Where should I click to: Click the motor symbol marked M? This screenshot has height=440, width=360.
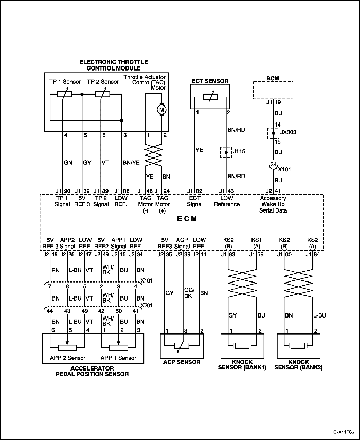coord(161,110)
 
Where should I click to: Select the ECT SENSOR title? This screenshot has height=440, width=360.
coord(210,81)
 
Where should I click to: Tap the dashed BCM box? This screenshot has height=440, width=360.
coord(273,90)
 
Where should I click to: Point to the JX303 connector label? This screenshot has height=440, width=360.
coord(288,132)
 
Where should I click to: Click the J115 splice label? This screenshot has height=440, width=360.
coord(239,151)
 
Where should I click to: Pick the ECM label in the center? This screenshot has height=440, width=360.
coord(187,219)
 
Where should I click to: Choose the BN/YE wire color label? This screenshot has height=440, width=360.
coord(131,163)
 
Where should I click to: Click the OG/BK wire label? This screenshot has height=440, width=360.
coord(189,293)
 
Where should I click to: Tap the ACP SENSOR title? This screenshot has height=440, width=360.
coord(182,362)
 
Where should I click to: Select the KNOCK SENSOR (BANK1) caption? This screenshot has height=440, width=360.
coord(242,365)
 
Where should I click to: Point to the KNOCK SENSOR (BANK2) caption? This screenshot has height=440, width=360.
coord(298,365)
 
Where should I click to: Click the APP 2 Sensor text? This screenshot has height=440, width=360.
coord(67,358)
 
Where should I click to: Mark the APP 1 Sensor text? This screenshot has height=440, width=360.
coord(118,358)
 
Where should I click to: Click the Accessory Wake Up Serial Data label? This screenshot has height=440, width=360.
coord(273,204)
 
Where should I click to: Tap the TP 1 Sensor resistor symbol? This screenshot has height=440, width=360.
coord(64,94)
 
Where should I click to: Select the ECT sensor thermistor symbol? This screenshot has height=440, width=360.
coord(210,97)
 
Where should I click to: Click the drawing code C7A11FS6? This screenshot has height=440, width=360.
coord(344,432)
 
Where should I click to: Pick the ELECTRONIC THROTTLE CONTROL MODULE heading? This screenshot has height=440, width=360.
coord(114,65)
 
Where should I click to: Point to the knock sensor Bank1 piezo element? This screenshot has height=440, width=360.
coord(242,346)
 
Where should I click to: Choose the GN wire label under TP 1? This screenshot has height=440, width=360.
coord(68,163)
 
